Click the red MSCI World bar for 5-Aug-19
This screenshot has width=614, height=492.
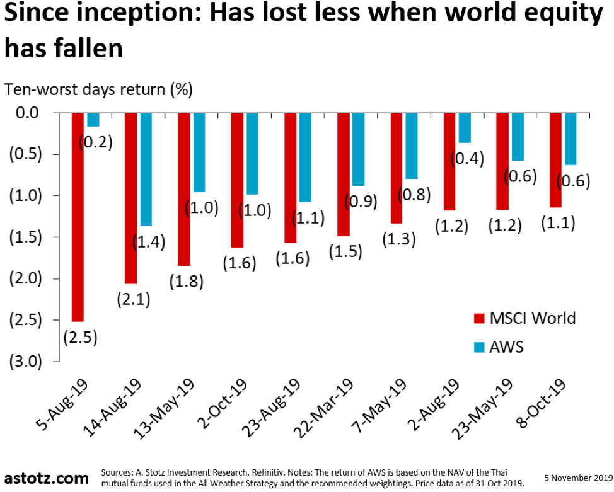click(x=78, y=217)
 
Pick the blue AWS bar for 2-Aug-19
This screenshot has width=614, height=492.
click(x=465, y=128)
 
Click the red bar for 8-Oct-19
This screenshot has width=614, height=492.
click(x=555, y=160)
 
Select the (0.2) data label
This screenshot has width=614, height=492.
click(x=95, y=142)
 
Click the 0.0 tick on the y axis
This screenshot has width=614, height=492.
click(x=26, y=113)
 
